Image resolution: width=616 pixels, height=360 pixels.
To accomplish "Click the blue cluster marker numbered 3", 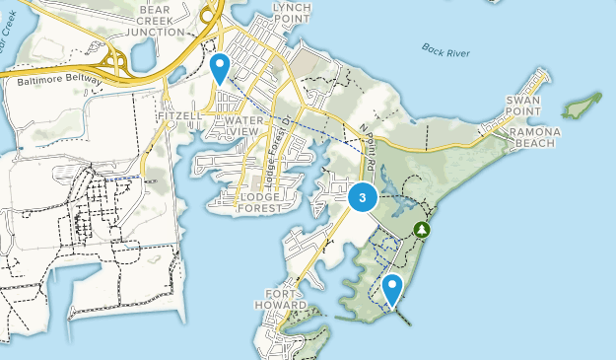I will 363,197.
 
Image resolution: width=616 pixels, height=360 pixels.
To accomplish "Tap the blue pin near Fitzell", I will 220,67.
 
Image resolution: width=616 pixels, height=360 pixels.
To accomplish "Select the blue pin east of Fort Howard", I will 392,288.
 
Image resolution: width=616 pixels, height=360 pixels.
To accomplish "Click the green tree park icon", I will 424,229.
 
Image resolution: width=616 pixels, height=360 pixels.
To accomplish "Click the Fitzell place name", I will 178,115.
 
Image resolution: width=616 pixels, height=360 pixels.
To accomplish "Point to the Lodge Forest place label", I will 260,202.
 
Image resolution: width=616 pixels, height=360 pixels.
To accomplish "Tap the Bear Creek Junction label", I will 162,19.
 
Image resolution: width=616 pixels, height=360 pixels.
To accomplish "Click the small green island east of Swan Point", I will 582,103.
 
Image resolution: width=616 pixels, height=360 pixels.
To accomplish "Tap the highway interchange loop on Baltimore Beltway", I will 118,62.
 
